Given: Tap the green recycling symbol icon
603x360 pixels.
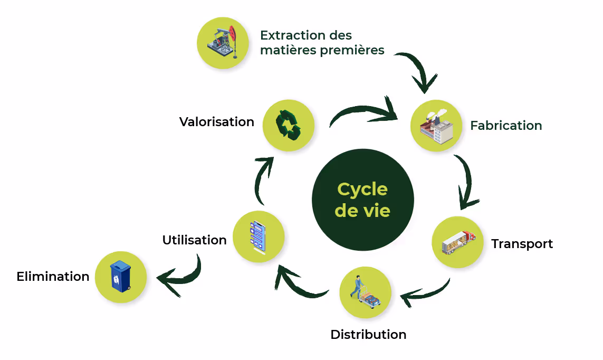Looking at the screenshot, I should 288,125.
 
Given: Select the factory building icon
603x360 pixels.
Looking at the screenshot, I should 436,127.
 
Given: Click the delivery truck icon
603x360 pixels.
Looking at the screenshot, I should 457,242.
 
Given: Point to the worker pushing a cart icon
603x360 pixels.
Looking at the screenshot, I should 366,292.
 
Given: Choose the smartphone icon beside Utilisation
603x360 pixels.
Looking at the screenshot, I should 258,236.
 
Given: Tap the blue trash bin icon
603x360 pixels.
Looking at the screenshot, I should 120,277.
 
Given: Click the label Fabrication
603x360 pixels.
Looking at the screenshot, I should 506,126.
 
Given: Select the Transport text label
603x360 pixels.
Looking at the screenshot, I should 522,244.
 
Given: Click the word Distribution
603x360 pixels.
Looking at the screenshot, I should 368,335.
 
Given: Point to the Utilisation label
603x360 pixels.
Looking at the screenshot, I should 194,240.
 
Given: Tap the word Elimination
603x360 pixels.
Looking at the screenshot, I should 53,277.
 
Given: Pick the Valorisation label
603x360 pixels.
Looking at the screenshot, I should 216,122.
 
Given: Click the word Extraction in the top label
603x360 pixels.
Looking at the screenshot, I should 292,35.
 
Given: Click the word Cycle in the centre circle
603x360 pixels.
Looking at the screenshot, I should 362,189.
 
